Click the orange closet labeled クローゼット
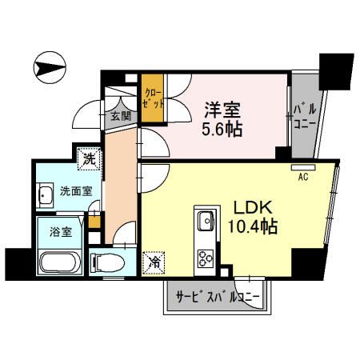(152, 99)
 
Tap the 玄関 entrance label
(121, 116)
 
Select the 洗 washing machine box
(90, 158)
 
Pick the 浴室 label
(50, 233)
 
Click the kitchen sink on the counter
(203, 218)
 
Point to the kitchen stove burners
(203, 258)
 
